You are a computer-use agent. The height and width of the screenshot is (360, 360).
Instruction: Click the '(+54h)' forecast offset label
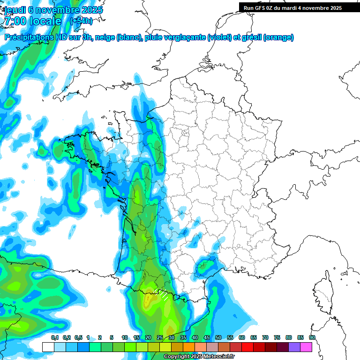click(x=81, y=21)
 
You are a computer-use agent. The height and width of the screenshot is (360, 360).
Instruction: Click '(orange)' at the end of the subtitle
click(x=278, y=37)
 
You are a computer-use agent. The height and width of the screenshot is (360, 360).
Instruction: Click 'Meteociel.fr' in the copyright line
click(x=218, y=357)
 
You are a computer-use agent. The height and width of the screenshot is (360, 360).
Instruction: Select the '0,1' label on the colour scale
click(x=55, y=337)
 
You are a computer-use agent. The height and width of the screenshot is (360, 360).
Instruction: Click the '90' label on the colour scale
click(x=312, y=337)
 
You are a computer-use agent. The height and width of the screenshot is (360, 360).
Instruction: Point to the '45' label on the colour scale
click(x=207, y=337)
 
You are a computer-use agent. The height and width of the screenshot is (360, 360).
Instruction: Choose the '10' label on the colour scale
click(x=125, y=337)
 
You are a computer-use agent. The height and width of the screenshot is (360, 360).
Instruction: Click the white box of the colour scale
click(x=48, y=347)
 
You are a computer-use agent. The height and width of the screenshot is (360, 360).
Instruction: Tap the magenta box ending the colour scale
click(x=306, y=347)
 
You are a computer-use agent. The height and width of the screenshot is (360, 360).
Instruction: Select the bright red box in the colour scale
click(x=247, y=347)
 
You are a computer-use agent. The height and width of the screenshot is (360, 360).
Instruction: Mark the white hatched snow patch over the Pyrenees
click(x=163, y=295)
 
